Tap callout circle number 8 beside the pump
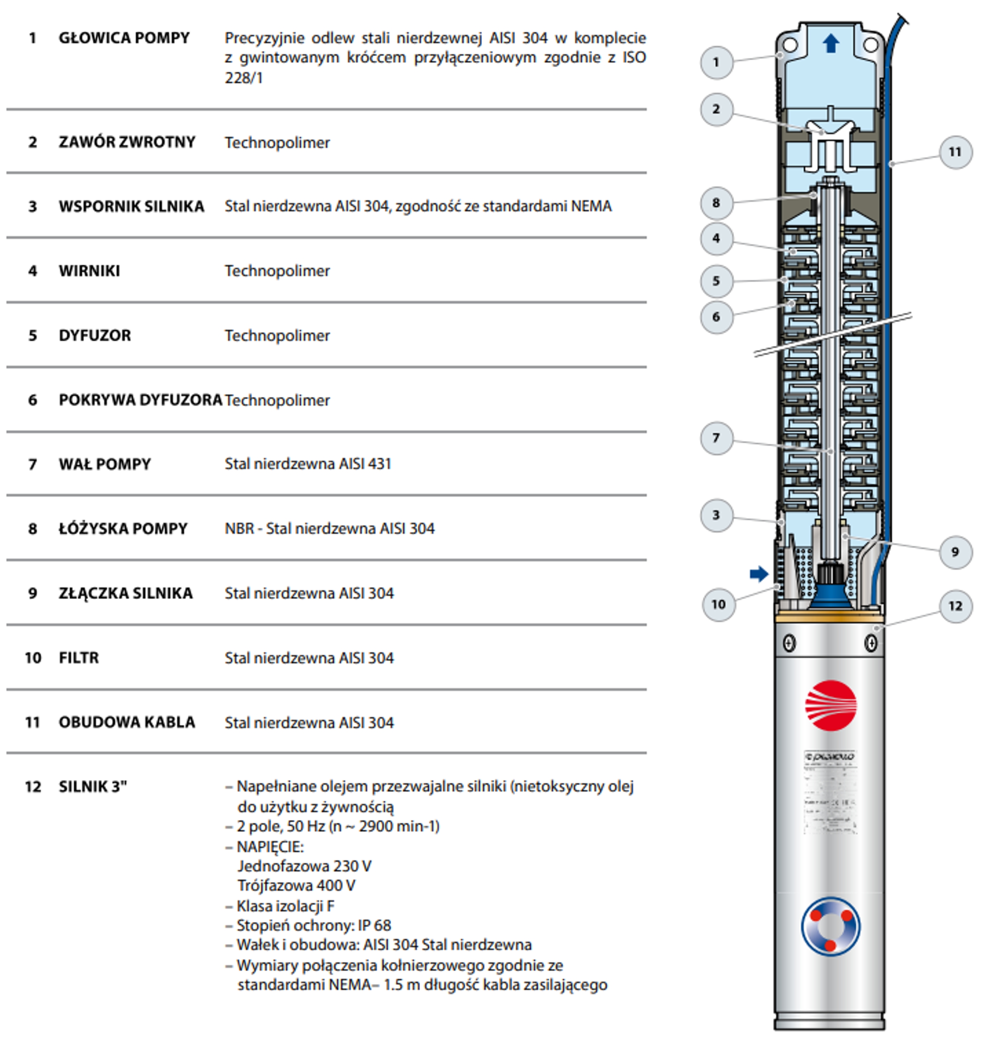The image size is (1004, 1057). [x=716, y=203]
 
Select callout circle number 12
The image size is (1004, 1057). [x=955, y=606]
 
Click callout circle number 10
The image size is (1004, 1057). [x=718, y=604]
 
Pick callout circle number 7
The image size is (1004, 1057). [x=716, y=438]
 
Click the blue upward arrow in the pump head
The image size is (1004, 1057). [x=831, y=43]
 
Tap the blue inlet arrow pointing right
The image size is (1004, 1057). [x=759, y=574]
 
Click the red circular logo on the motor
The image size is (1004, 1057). [x=831, y=705]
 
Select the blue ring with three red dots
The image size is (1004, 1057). [x=831, y=927]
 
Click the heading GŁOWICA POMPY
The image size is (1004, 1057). [x=124, y=38]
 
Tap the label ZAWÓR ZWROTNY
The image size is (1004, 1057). [x=127, y=142]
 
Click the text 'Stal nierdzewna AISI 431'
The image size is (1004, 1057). [x=308, y=464]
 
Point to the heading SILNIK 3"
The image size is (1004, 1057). [x=92, y=787]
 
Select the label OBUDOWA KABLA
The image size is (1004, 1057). [x=127, y=722]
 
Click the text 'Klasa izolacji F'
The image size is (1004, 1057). [x=285, y=906]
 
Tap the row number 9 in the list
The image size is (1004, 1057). [x=33, y=593]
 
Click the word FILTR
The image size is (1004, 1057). [x=79, y=658]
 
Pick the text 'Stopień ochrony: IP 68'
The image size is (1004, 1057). [x=314, y=925]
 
